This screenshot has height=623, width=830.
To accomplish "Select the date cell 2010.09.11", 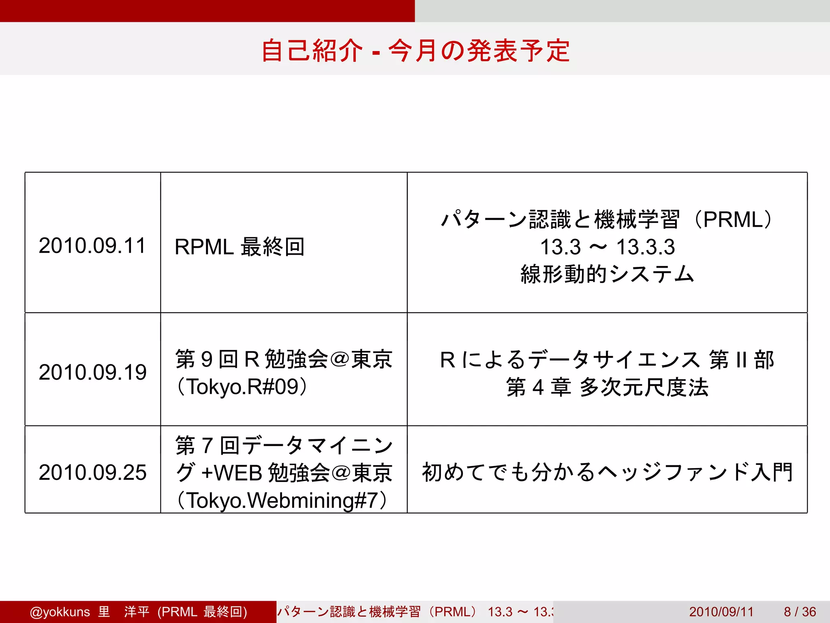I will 92,246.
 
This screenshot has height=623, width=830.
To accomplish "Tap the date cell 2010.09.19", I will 92,372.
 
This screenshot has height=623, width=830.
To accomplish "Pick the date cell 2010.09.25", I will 92,473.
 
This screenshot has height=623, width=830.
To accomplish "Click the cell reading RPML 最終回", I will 239,247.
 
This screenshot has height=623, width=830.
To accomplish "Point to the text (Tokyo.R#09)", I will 242,387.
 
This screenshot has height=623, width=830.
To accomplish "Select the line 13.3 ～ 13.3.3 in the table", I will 607,247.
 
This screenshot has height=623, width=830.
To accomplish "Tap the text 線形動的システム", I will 607,274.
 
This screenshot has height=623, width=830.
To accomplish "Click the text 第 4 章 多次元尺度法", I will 607,387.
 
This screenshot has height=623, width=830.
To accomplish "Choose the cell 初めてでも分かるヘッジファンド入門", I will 607,472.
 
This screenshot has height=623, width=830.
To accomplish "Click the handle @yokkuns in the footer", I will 60,612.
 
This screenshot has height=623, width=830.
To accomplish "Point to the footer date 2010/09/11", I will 721,612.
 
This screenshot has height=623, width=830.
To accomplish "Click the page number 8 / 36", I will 800,612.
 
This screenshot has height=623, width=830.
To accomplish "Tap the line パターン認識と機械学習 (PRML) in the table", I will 607,219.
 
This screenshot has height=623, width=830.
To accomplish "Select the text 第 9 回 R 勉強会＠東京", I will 284,359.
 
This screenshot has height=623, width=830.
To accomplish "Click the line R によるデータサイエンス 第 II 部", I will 607,360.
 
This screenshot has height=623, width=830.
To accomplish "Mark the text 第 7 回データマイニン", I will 284,445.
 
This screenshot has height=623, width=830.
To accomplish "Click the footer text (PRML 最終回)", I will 202,612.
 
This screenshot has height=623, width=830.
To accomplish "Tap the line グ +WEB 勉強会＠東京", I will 284,473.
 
